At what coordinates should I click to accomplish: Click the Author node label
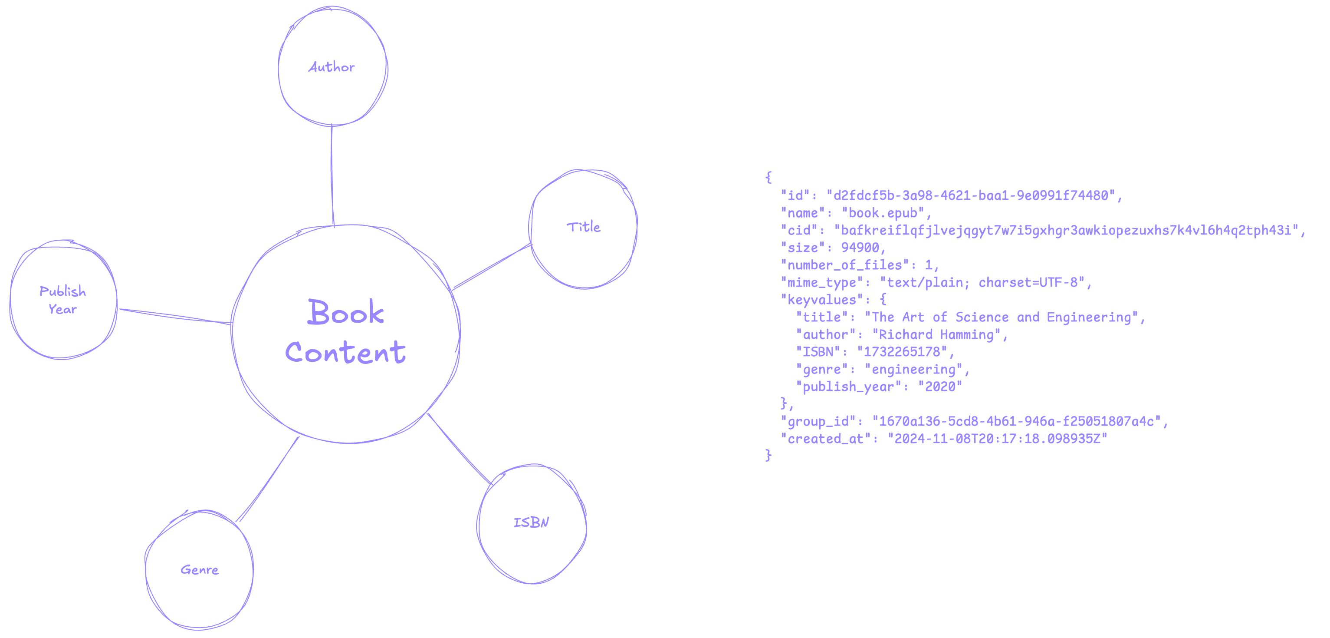tap(332, 66)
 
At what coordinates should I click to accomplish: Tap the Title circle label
tap(584, 226)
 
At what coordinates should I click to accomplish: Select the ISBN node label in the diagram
tap(531, 522)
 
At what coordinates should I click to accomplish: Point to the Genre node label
tap(199, 570)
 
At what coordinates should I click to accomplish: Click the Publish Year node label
tap(62, 300)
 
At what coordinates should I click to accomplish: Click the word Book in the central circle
tap(345, 311)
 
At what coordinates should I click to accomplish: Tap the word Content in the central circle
tap(345, 352)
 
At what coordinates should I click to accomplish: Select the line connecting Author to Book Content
tap(332, 175)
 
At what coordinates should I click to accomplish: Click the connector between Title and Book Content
tap(492, 267)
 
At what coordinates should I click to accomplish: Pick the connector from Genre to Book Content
tap(267, 479)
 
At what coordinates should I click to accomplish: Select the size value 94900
tap(860, 248)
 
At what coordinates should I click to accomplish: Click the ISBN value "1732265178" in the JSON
tap(902, 352)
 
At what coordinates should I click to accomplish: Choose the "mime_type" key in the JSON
tap(821, 283)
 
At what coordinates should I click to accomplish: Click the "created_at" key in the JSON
tap(825, 439)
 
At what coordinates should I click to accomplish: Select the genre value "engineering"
tap(913, 369)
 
